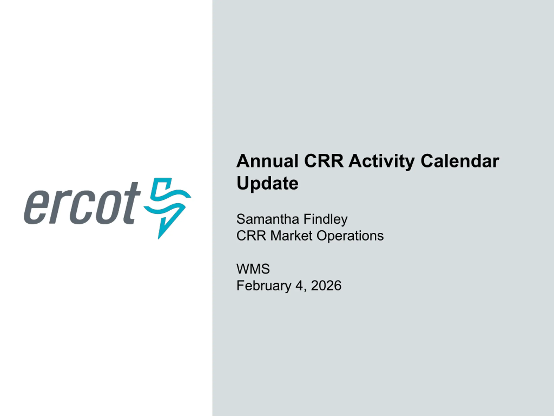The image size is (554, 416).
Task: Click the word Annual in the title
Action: coord(267,161)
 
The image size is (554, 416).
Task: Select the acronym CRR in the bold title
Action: coord(324,161)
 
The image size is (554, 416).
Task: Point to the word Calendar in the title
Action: coord(460,161)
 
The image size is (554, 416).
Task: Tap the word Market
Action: coord(291,236)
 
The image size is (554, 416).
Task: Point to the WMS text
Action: coord(253,269)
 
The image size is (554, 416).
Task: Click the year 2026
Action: coord(326,286)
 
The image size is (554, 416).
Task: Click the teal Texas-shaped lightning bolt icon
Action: coord(167,208)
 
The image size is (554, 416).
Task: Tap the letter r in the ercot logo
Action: coord(59,207)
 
